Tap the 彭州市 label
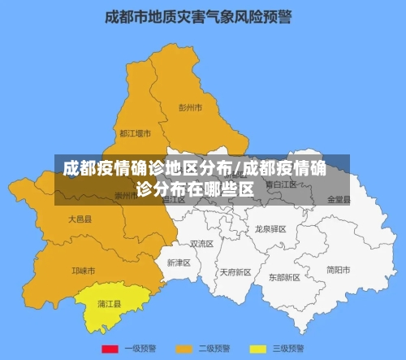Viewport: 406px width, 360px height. tap(190, 107)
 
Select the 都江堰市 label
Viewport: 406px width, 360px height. tap(135, 132)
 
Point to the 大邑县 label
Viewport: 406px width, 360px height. tap(80, 219)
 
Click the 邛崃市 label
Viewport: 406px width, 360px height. tap(83, 271)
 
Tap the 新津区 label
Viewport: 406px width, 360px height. tap(179, 262)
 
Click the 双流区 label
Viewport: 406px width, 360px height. tap(201, 243)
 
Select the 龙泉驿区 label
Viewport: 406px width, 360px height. tap(271, 229)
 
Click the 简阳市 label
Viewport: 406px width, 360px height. tap(338, 270)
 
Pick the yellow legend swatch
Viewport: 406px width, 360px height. tap(258, 349)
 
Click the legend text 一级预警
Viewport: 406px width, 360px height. tap(140, 349)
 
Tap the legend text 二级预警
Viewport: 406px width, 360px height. tap(215, 349)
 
